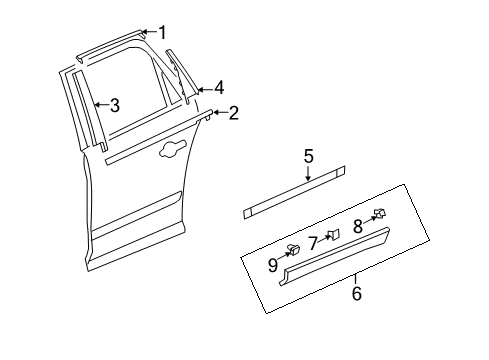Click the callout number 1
(162, 33)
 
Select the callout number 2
(233, 113)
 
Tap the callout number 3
(115, 104)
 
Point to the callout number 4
(218, 87)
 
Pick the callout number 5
(309, 156)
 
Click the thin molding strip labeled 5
(295, 197)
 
